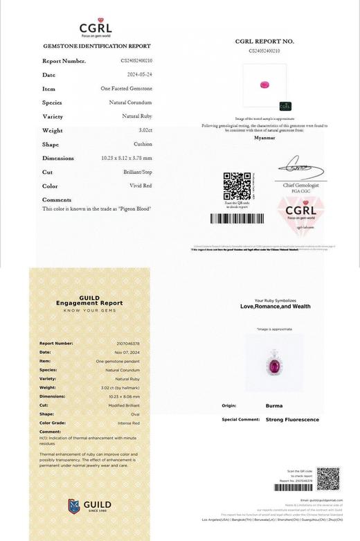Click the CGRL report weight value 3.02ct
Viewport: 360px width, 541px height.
coord(145,130)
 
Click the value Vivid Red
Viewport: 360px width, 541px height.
coord(141,186)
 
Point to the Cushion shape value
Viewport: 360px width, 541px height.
coord(143,144)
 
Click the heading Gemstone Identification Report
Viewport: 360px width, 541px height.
coord(97,46)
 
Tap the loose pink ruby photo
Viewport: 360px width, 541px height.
coord(264,85)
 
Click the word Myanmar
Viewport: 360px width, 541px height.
coord(264,138)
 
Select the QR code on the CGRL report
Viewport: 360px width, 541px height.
coord(237,186)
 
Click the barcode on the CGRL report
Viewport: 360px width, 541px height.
coord(237,218)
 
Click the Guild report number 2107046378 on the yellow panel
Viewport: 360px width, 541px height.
coord(127,344)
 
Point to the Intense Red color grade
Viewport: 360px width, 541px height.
coord(127,423)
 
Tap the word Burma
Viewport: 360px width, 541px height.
coord(273,406)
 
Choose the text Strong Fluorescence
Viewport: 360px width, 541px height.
coord(292,420)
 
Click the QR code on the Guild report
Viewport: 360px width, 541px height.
coord(328,479)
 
